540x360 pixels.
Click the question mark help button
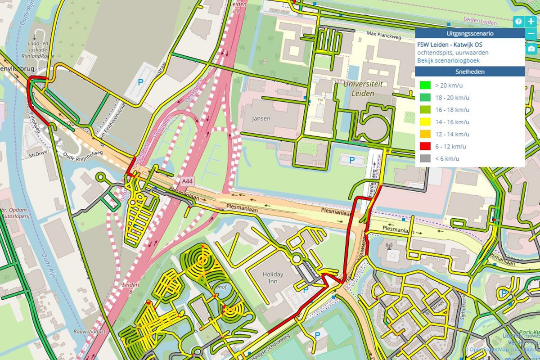[518, 21]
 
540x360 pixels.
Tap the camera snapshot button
[531, 49]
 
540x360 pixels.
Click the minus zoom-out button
[531, 33]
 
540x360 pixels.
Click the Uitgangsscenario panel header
[470, 33]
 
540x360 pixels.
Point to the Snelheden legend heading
[470, 72]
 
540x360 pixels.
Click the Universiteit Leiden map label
[363, 88]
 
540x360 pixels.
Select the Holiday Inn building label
[273, 278]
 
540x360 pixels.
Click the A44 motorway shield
[187, 181]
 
